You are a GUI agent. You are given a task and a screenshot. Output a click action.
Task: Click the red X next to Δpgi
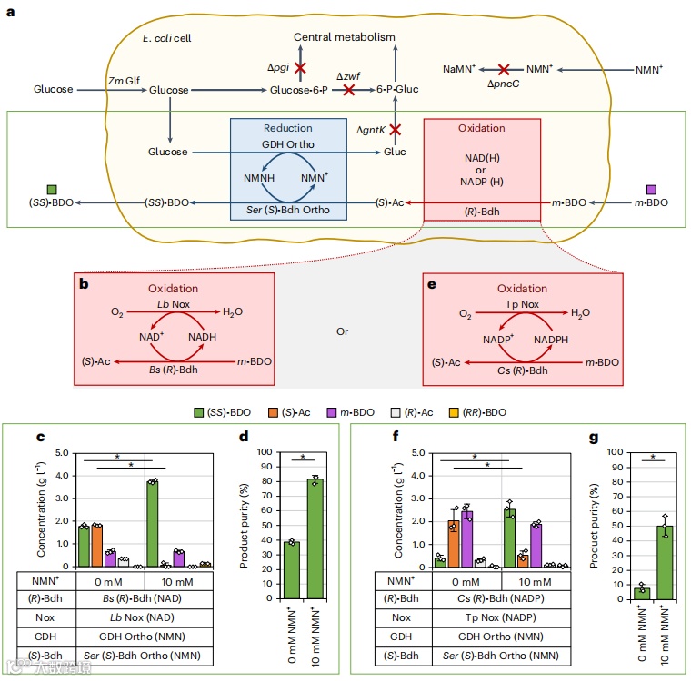coord(300,68)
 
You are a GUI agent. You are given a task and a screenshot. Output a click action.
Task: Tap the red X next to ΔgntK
coord(395,130)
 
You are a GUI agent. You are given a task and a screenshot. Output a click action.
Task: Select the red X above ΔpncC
coord(503,69)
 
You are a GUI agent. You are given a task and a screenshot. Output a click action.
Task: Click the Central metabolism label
coord(345,37)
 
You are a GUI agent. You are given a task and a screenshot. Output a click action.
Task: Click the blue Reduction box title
coord(287,128)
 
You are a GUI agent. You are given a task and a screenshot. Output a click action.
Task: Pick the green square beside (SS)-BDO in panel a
coord(52,190)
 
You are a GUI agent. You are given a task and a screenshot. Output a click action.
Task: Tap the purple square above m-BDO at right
coord(651,190)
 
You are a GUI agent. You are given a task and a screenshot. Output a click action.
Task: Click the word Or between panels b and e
coord(343,331)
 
